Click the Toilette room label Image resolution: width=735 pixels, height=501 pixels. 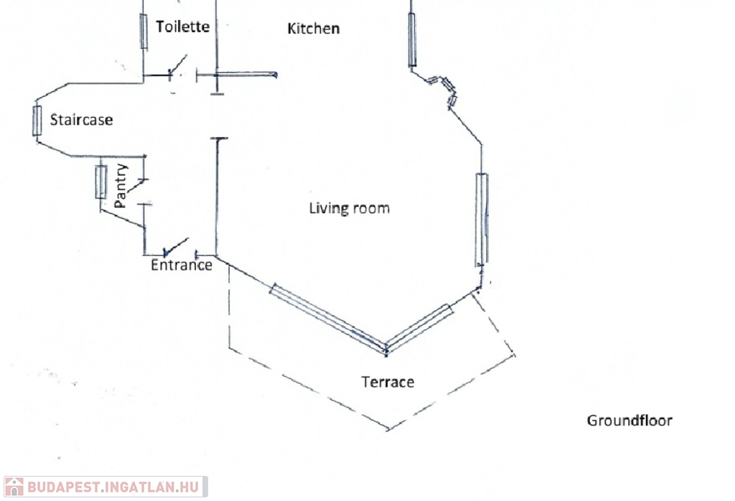(x=183, y=27)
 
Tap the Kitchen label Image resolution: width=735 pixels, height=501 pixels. (x=314, y=29)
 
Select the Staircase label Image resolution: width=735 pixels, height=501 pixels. (x=81, y=120)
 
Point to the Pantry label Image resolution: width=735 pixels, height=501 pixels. (x=121, y=186)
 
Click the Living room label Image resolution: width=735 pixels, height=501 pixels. (x=350, y=208)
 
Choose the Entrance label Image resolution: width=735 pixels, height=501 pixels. (x=182, y=265)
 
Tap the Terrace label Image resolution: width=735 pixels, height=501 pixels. (x=388, y=382)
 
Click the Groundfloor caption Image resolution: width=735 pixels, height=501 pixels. (x=629, y=421)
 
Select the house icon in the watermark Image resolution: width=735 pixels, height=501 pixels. (x=14, y=487)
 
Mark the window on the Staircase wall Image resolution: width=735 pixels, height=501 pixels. (x=37, y=121)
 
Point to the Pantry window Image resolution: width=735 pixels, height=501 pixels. (x=101, y=182)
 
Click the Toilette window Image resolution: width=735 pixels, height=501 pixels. (x=144, y=30)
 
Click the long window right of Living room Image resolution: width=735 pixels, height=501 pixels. (x=481, y=219)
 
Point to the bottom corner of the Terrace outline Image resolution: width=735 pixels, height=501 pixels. (x=388, y=430)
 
